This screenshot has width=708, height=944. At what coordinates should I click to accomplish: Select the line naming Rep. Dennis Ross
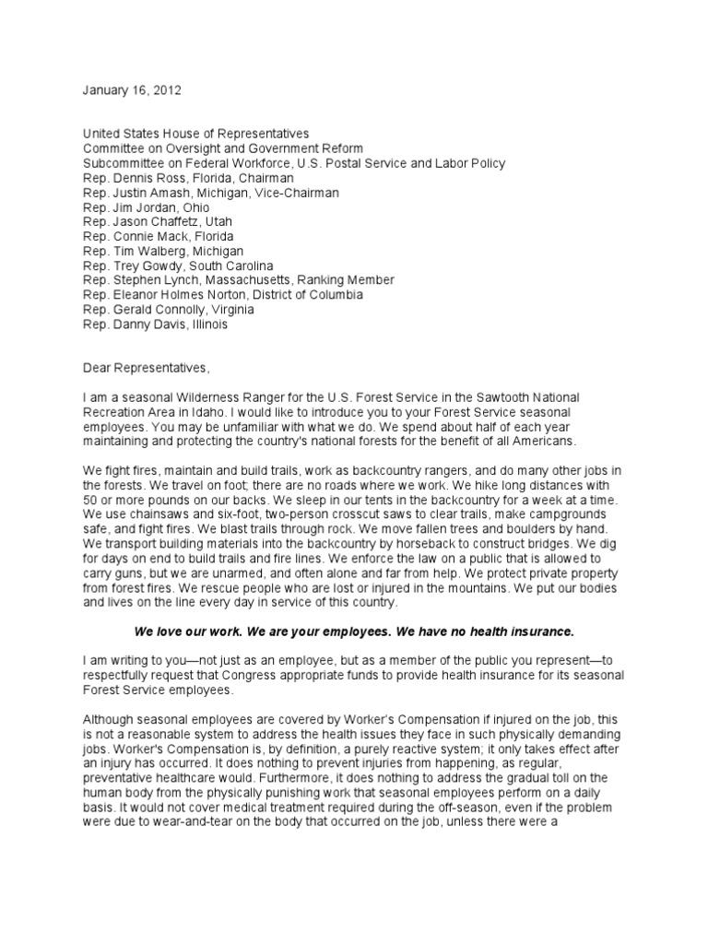click(188, 178)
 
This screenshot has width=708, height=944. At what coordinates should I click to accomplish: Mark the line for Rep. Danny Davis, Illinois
click(155, 324)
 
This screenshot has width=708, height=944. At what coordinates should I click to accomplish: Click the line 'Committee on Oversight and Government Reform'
click(223, 148)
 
